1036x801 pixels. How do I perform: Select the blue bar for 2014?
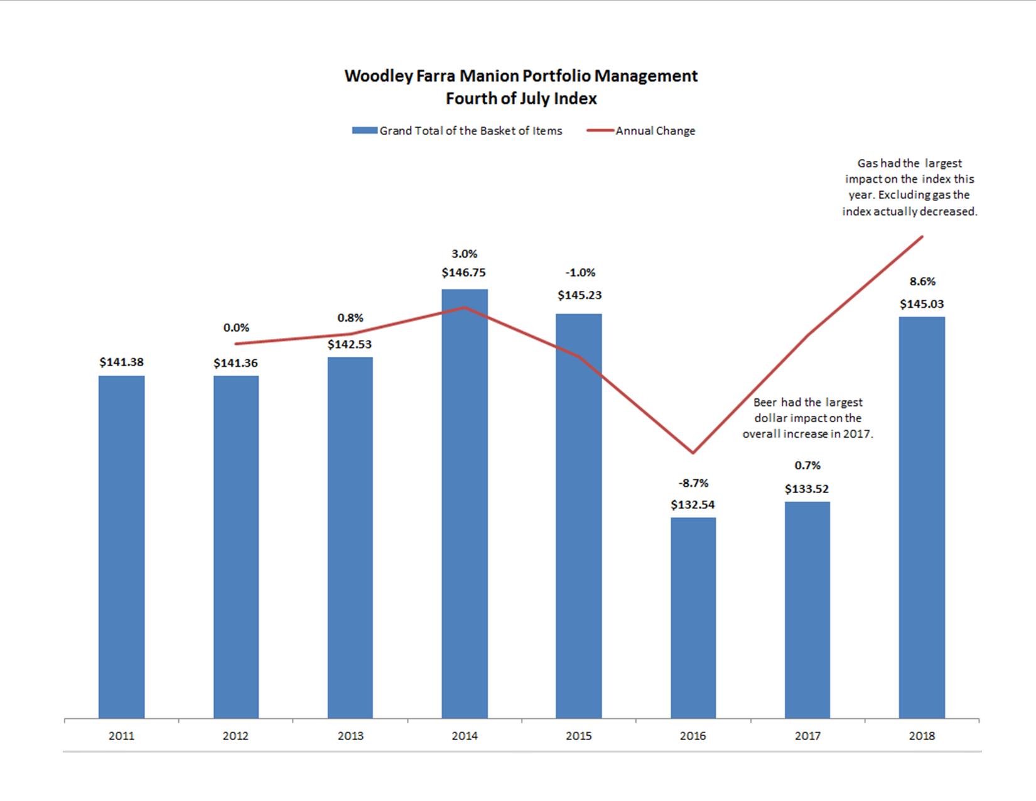[465, 503]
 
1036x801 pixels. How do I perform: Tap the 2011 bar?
[121, 547]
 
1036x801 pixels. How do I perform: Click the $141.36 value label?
[235, 363]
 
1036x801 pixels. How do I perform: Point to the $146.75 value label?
[463, 273]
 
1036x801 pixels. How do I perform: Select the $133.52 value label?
[807, 489]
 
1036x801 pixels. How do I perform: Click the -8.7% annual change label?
[693, 482]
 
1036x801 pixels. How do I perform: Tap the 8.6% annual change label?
[922, 281]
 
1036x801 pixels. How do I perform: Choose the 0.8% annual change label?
[350, 318]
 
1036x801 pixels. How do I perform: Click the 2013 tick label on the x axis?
[350, 736]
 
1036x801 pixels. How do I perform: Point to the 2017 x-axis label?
[807, 736]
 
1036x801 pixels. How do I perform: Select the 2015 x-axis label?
[578, 736]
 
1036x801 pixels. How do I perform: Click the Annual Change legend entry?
[655, 131]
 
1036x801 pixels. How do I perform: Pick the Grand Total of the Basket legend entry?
[470, 131]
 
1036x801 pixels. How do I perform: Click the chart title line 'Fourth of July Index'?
[521, 99]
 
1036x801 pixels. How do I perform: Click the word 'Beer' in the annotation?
[765, 403]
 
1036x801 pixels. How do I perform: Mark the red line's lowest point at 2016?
[693, 452]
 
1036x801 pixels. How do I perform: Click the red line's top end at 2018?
[922, 237]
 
